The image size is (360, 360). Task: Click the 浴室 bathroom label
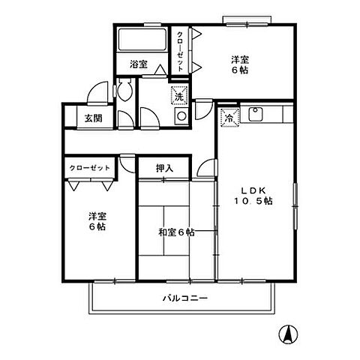tap(137, 64)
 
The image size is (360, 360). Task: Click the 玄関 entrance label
tap(93, 117)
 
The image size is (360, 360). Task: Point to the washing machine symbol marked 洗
tap(178, 95)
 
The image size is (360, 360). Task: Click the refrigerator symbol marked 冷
tap(229, 118)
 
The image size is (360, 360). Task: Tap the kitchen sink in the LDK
tap(254, 115)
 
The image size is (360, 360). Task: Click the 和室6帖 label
tap(176, 232)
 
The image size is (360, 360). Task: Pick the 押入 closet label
tap(165, 168)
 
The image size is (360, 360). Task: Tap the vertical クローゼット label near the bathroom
tap(180, 49)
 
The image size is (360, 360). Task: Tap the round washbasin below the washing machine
tap(180, 116)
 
